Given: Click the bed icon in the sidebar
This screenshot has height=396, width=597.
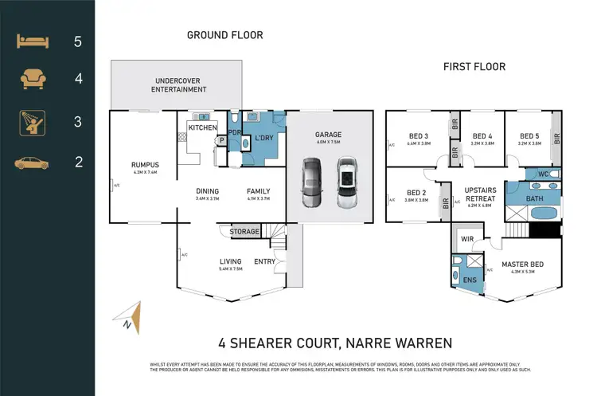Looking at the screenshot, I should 32,41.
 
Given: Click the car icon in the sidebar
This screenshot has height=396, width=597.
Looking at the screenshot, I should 32,163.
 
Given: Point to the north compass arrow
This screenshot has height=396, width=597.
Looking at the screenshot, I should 135,317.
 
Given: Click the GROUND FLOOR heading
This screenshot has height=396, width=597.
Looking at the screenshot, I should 224,35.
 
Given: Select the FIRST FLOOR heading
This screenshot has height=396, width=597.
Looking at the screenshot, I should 474,67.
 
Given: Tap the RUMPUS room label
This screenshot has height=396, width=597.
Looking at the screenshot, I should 145,166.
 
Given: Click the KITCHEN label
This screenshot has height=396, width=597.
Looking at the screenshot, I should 201,127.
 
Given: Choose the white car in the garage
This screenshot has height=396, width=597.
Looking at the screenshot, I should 346,183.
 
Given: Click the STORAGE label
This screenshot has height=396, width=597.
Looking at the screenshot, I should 244,232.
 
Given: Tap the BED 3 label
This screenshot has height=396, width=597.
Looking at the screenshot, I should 418,136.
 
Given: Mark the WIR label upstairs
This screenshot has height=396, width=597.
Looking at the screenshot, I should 467,238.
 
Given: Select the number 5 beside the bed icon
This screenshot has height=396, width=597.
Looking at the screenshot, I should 78,41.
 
